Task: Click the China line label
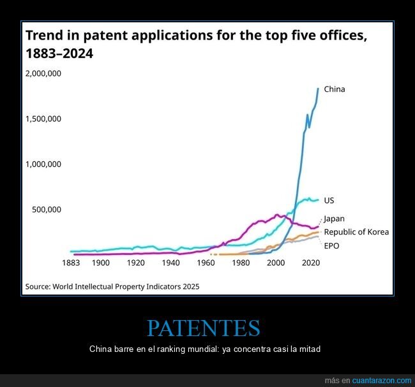(334, 89)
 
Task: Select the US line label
(329, 200)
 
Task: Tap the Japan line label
(334, 219)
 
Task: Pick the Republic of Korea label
(356, 232)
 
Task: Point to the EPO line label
(331, 245)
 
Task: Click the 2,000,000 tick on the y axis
(43, 73)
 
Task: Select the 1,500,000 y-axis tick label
(43, 119)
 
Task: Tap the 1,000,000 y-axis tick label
(43, 164)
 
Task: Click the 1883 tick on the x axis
(70, 263)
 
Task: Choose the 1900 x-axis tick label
(100, 263)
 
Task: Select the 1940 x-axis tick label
(170, 263)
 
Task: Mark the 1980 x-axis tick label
(241, 263)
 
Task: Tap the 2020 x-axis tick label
(310, 263)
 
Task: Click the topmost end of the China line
(318, 89)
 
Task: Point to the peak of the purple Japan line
(276, 215)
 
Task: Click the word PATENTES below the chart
(203, 328)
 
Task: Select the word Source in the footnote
(38, 286)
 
